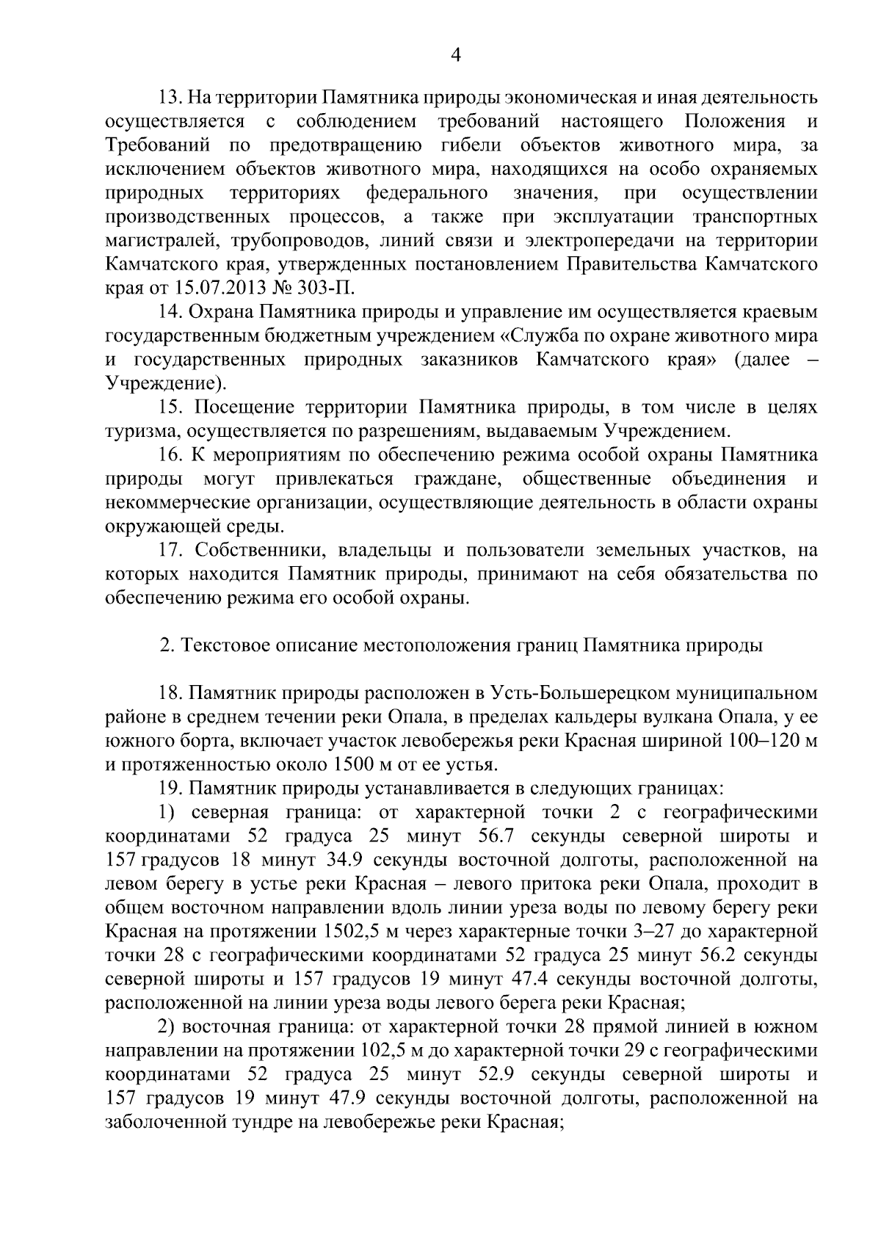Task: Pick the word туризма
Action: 137,430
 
